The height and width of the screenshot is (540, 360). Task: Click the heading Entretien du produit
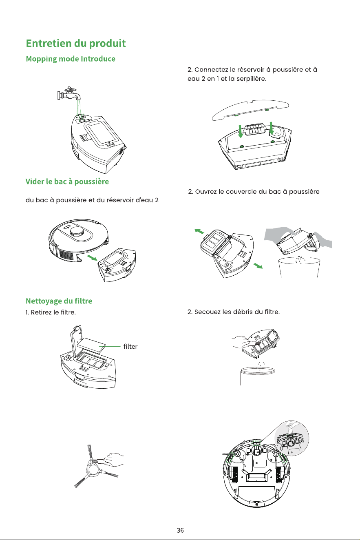pyautogui.click(x=76, y=44)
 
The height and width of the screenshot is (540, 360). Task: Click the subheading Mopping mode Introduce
pyautogui.click(x=71, y=59)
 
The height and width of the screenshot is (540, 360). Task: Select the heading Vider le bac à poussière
pyautogui.click(x=67, y=181)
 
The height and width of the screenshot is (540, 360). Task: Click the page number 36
pyautogui.click(x=180, y=530)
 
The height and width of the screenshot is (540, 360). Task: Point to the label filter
pyautogui.click(x=130, y=346)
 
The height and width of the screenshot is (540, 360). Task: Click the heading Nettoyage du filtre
pyautogui.click(x=59, y=301)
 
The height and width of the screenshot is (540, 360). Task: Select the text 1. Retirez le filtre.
pyautogui.click(x=51, y=312)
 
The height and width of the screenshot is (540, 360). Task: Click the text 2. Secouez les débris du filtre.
pyautogui.click(x=234, y=312)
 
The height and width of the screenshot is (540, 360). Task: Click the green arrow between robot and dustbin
pyautogui.click(x=92, y=258)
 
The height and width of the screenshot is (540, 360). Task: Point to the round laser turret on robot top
pyautogui.click(x=77, y=232)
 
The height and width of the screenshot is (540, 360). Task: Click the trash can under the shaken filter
pyautogui.click(x=258, y=376)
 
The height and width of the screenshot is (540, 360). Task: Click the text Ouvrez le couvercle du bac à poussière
pyautogui.click(x=257, y=192)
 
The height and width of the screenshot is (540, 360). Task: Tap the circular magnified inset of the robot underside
pyautogui.click(x=292, y=438)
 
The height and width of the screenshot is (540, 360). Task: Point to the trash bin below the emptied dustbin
pyautogui.click(x=299, y=267)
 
